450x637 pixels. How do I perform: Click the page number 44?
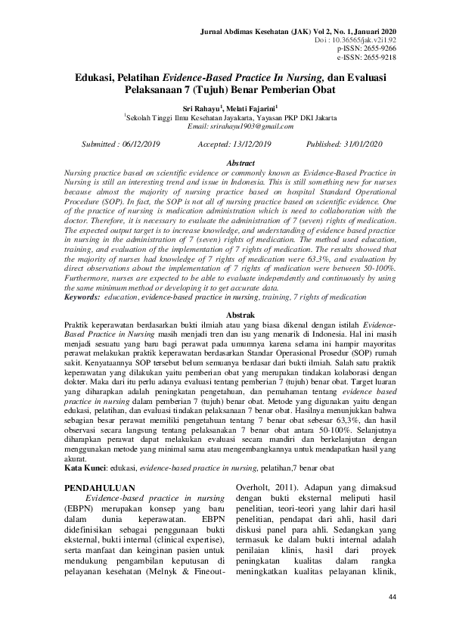392,597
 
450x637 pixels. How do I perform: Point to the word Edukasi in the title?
98,77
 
